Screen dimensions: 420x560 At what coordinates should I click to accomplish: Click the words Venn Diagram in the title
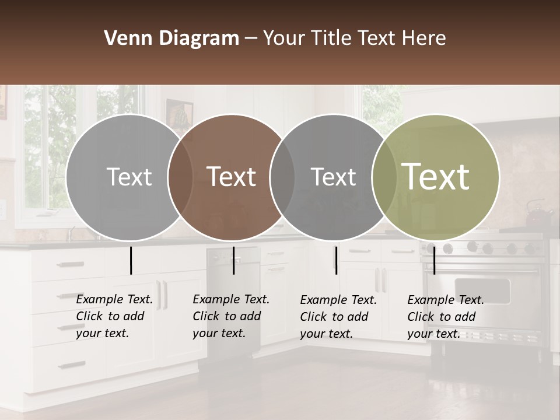pos(171,38)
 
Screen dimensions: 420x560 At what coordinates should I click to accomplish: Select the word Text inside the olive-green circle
pos(436,177)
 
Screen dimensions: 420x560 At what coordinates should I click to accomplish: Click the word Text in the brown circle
pos(232,177)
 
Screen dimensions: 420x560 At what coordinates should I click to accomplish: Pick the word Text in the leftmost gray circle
pos(129,177)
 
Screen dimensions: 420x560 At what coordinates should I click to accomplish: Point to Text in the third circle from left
pos(333,177)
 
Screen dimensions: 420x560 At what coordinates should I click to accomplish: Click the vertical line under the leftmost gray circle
pos(131,260)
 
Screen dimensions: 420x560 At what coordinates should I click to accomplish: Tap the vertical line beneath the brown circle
pos(233,260)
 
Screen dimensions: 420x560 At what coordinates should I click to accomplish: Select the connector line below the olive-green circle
pos(434,260)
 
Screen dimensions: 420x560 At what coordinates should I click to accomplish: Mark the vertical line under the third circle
pos(336,260)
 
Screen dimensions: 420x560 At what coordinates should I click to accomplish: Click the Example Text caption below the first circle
pos(114,316)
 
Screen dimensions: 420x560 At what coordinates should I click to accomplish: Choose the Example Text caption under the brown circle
pos(231,316)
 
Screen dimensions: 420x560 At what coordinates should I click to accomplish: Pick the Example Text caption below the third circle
pos(338,317)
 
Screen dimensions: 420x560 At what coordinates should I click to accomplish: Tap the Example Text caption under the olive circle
pos(446,317)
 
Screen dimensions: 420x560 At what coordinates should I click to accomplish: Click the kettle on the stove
pos(538,215)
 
